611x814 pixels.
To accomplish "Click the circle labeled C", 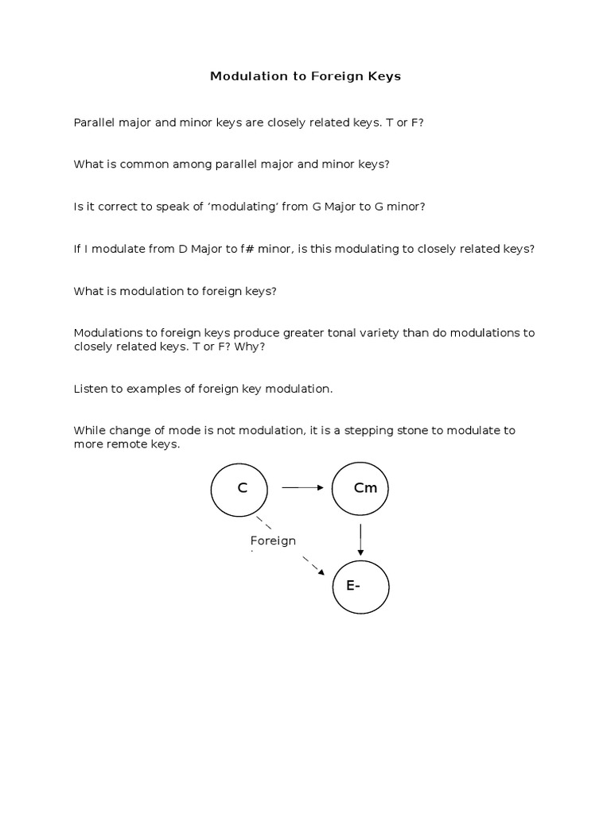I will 239,489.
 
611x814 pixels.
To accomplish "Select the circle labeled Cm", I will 360,489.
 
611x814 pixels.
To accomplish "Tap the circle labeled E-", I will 360,587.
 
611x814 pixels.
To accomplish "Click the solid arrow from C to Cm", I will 303,489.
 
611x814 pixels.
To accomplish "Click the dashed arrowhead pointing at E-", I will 319,570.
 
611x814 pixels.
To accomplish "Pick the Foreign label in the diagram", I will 273,541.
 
